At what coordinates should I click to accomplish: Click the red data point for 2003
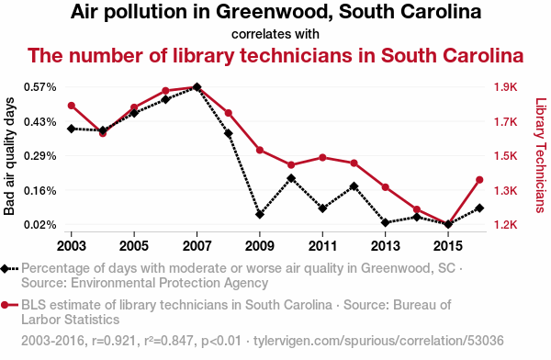point(72,106)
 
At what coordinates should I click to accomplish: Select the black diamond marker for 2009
point(260,214)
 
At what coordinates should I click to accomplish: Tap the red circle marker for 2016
point(479,180)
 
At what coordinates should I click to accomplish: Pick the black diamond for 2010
point(291,178)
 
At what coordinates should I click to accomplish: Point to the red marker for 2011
point(322,158)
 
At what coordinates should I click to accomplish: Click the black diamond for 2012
point(354,186)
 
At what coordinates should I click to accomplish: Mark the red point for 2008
point(229,113)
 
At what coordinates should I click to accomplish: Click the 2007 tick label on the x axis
point(197,246)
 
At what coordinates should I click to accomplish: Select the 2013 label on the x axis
point(385,246)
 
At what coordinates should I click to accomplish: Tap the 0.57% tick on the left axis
point(40,87)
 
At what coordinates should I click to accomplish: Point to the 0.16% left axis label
point(40,190)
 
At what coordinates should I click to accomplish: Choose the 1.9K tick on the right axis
point(506,87)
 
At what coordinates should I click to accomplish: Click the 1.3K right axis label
point(506,190)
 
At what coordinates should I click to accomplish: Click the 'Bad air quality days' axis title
point(9,156)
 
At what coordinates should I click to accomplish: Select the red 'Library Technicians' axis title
point(541,155)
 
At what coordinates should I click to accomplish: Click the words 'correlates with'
point(275,34)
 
